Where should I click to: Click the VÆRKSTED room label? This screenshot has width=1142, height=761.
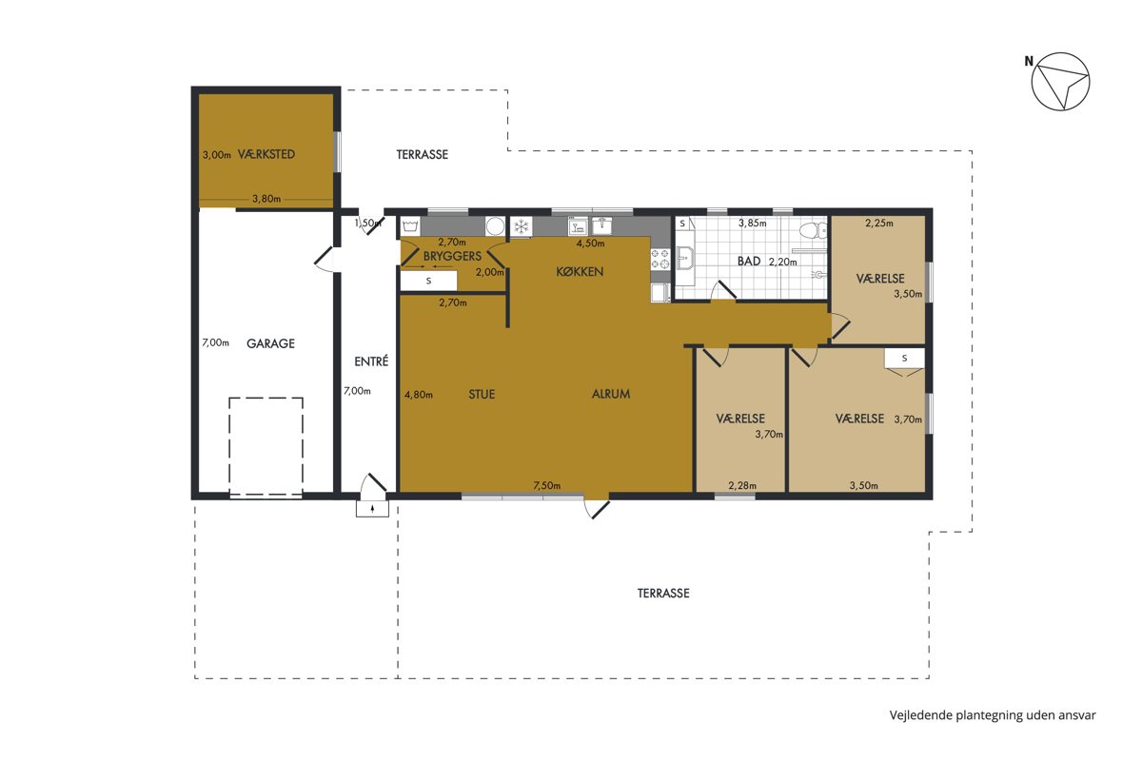[x=266, y=154]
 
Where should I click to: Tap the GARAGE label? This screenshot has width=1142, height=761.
[x=270, y=343]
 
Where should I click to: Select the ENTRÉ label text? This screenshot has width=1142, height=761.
[x=371, y=361]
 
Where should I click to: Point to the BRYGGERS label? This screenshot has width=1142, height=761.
[x=452, y=256]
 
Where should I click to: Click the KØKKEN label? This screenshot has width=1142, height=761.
[x=580, y=272]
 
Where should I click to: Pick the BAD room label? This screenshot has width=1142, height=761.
[x=749, y=261]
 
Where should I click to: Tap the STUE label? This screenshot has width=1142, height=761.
[x=482, y=394]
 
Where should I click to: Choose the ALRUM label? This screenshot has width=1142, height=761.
[x=611, y=394]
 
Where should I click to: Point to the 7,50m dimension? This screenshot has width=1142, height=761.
[x=547, y=486]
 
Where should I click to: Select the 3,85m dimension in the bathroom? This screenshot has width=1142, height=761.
[x=753, y=223]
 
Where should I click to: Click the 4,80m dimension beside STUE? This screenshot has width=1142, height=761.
[x=419, y=395]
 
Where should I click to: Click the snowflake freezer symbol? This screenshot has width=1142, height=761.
[x=522, y=226]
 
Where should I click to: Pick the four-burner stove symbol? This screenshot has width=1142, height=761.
[x=660, y=259]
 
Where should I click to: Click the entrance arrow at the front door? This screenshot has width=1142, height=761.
[x=373, y=508]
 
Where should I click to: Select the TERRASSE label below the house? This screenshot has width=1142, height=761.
[x=663, y=594]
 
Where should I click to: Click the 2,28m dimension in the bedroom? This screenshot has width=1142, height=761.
[x=742, y=486]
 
